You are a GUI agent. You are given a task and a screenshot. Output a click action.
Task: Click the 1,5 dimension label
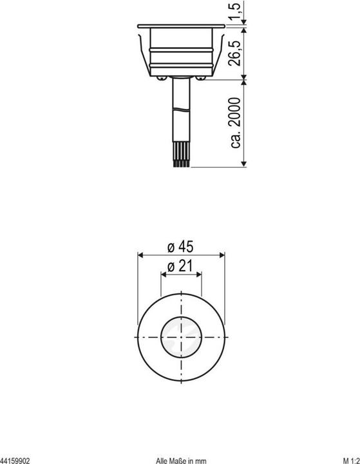[236, 10]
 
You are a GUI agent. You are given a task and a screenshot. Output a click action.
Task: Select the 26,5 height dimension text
[236, 51]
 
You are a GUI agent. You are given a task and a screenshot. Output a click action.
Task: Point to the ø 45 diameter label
[181, 247]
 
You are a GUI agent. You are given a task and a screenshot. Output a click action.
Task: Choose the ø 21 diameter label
[181, 267]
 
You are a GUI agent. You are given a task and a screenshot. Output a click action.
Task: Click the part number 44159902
[15, 460]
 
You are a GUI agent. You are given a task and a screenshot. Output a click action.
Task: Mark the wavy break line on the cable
[181, 111]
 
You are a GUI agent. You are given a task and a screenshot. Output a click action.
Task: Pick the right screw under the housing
[203, 78]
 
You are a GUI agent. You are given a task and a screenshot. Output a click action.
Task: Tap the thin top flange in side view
[181, 24]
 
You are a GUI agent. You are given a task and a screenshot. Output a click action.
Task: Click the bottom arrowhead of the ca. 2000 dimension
[245, 165]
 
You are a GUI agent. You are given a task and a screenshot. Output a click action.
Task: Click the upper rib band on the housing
[181, 48]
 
